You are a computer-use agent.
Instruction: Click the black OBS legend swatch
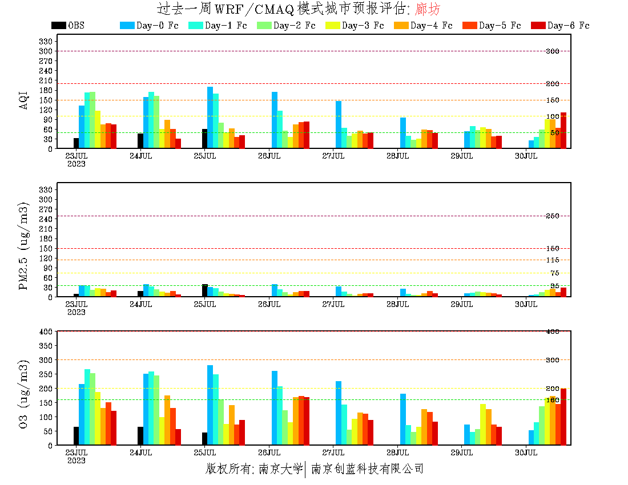[58, 25]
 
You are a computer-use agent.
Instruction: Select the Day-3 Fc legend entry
[355, 25]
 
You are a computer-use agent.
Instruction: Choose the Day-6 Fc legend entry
[560, 25]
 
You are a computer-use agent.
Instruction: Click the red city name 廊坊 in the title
[429, 9]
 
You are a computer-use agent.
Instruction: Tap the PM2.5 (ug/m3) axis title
[24, 245]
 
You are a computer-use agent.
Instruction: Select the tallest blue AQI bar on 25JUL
[210, 118]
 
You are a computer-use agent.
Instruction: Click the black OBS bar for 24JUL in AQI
[140, 141]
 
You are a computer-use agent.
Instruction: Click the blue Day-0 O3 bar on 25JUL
[210, 405]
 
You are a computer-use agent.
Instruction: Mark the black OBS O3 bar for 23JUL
[77, 436]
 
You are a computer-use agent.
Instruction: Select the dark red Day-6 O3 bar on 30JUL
[563, 417]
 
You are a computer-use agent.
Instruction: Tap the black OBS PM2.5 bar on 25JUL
[204, 290]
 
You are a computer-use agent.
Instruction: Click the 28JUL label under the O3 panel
[398, 452]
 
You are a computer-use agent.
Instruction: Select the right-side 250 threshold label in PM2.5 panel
[553, 216]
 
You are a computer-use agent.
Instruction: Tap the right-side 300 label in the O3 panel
[553, 359]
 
